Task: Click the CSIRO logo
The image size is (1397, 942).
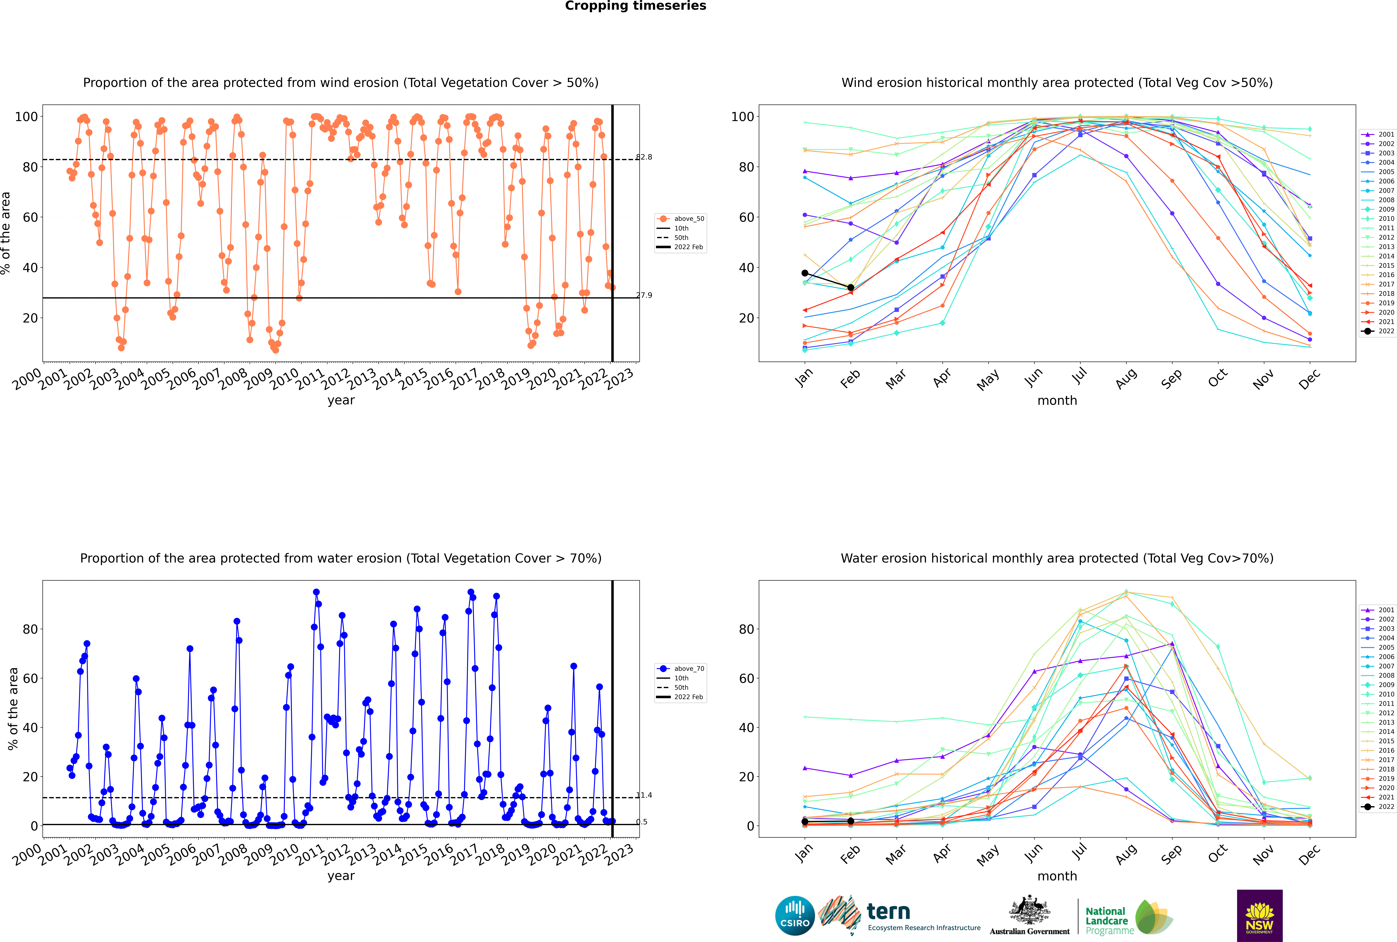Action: click(795, 916)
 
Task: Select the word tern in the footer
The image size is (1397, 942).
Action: click(888, 911)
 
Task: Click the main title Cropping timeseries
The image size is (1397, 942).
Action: click(635, 6)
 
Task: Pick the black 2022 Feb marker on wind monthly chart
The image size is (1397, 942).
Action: click(850, 288)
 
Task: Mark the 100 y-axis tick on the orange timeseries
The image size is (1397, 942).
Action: click(26, 117)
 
